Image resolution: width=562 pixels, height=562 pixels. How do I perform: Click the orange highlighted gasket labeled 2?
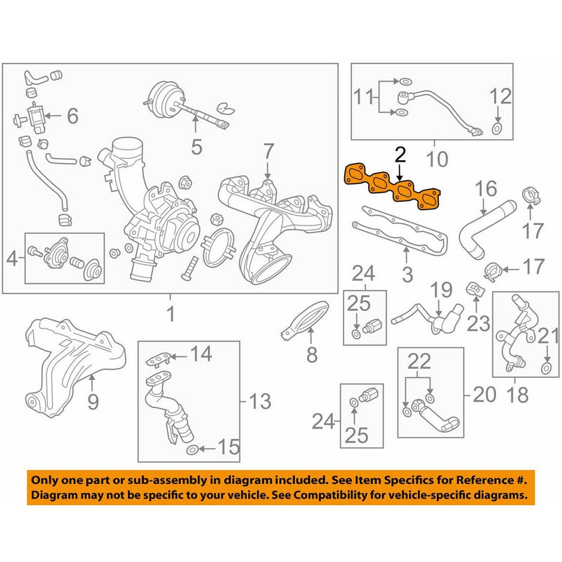coord(393,188)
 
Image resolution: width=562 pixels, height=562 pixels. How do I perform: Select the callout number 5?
coord(196,147)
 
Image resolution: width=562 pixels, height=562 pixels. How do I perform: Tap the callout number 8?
coord(312,356)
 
